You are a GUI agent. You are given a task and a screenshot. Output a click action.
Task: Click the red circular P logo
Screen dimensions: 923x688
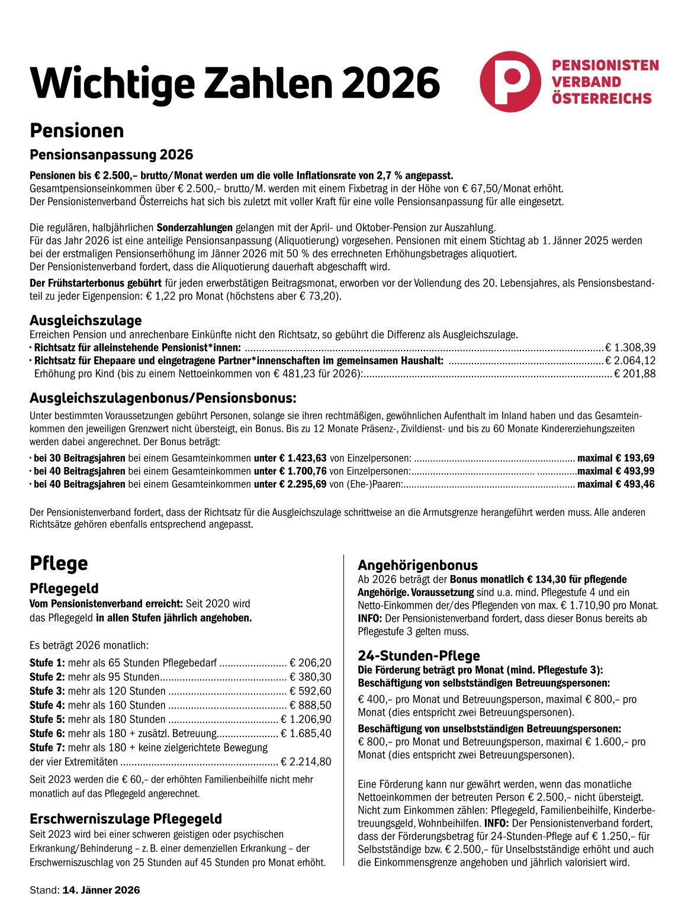(x=510, y=82)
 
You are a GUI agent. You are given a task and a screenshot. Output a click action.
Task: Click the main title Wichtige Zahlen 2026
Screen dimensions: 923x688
(x=235, y=82)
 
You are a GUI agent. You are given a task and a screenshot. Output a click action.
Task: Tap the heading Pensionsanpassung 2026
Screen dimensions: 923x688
(x=111, y=155)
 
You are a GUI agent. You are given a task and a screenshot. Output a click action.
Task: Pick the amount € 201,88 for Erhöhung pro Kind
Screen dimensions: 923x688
(x=635, y=374)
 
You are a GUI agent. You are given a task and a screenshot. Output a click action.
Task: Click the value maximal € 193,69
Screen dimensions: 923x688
(x=616, y=458)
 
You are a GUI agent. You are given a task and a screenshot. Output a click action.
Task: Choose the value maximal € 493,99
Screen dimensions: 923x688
(x=616, y=471)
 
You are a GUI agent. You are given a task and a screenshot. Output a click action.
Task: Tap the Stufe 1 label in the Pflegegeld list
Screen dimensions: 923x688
(x=47, y=663)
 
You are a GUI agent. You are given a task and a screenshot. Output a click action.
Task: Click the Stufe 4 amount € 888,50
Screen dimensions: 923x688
(x=311, y=705)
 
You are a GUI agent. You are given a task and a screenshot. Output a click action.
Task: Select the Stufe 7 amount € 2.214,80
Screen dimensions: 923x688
(x=306, y=762)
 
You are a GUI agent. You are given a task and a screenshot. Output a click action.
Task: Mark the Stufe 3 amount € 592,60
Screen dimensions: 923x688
(x=311, y=691)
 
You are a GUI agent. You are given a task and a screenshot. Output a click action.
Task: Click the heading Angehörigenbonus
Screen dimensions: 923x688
(x=417, y=565)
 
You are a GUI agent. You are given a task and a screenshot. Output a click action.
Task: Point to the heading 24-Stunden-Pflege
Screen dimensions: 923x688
(x=419, y=655)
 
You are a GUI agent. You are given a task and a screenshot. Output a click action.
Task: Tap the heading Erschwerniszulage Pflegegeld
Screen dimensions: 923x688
(x=126, y=819)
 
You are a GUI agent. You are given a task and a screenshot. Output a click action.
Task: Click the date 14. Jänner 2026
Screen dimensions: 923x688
(x=101, y=890)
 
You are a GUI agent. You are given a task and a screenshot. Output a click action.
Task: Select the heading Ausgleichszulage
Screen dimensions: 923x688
(x=86, y=320)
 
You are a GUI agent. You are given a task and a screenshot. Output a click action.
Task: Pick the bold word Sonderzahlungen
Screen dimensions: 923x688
(x=194, y=227)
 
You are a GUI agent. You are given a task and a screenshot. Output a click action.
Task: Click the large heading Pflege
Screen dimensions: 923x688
(x=59, y=563)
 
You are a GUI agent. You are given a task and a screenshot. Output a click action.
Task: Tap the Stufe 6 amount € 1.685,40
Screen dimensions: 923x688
(x=306, y=734)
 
